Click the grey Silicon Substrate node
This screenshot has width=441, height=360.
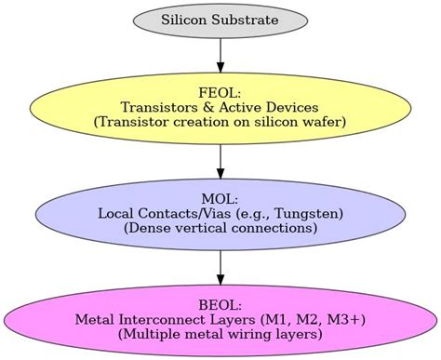coord(220,19)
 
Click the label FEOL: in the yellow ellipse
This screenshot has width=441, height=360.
coord(220,91)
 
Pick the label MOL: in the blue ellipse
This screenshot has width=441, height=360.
coord(220,199)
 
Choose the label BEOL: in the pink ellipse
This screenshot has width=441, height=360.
coord(220,305)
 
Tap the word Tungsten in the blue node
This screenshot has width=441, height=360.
coord(307,213)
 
